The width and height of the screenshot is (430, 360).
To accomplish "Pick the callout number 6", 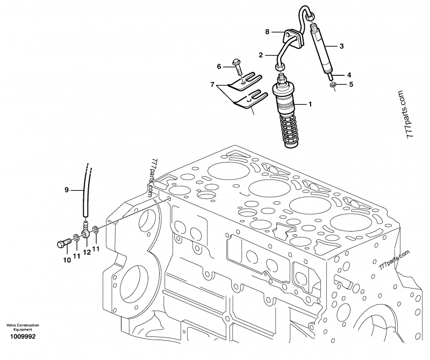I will tap(218, 66).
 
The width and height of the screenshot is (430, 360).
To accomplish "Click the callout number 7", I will tap(212, 85).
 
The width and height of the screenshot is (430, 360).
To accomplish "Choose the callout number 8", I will tap(267, 32).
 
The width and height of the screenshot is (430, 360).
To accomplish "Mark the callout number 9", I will tap(67, 189).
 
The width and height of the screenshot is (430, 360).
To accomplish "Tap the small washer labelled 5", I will tap(333, 84).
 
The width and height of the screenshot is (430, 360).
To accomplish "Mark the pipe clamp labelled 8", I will tap(292, 37).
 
